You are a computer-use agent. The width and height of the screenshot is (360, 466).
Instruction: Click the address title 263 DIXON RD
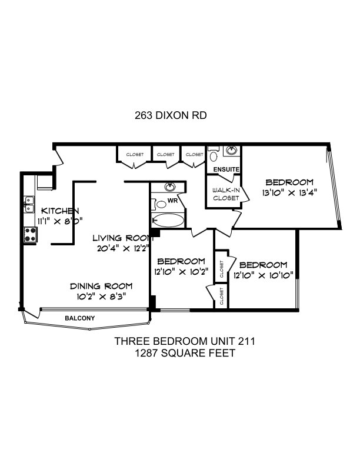(x=171, y=115)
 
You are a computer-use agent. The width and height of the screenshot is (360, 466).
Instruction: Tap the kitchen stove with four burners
(x=31, y=234)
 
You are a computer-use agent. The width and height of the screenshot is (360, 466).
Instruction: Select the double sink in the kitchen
(x=29, y=205)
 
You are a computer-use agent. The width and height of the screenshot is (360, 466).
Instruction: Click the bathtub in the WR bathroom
(x=168, y=220)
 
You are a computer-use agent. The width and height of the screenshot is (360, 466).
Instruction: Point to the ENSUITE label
(x=226, y=169)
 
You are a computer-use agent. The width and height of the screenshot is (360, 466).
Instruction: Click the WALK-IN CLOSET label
(x=226, y=194)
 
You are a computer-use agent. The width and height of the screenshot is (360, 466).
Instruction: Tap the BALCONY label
(x=80, y=318)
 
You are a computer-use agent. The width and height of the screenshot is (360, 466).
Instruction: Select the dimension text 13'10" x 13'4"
(x=289, y=193)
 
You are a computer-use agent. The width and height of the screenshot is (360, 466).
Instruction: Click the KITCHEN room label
(x=59, y=211)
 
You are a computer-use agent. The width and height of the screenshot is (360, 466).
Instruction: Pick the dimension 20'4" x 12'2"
(x=123, y=248)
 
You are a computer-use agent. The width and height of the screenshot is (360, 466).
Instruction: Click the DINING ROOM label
(x=101, y=286)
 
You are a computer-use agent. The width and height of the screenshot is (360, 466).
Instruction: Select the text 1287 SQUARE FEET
(x=185, y=353)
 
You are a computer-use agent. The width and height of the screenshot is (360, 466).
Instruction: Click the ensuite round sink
(x=231, y=150)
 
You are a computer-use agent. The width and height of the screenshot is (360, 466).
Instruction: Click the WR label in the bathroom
(x=172, y=201)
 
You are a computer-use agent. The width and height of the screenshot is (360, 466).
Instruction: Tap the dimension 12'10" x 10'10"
(x=264, y=275)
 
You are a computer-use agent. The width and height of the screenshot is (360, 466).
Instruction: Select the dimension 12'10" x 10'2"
(x=181, y=272)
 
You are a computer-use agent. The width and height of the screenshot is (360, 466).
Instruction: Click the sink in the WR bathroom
(x=170, y=187)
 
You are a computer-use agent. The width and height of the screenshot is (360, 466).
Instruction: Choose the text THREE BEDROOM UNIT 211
(x=185, y=341)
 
